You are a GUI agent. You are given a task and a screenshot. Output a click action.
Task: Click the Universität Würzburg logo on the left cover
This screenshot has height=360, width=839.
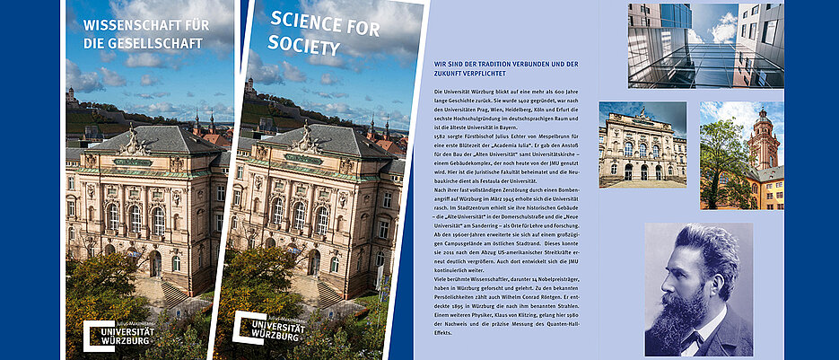(118, 333)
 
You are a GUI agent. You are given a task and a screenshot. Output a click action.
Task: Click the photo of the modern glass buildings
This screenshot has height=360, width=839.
(705, 45)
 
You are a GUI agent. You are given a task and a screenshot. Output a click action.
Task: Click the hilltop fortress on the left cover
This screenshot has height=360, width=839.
(73, 95)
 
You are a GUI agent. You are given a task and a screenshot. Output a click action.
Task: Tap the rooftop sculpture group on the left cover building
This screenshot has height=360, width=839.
(134, 140)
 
